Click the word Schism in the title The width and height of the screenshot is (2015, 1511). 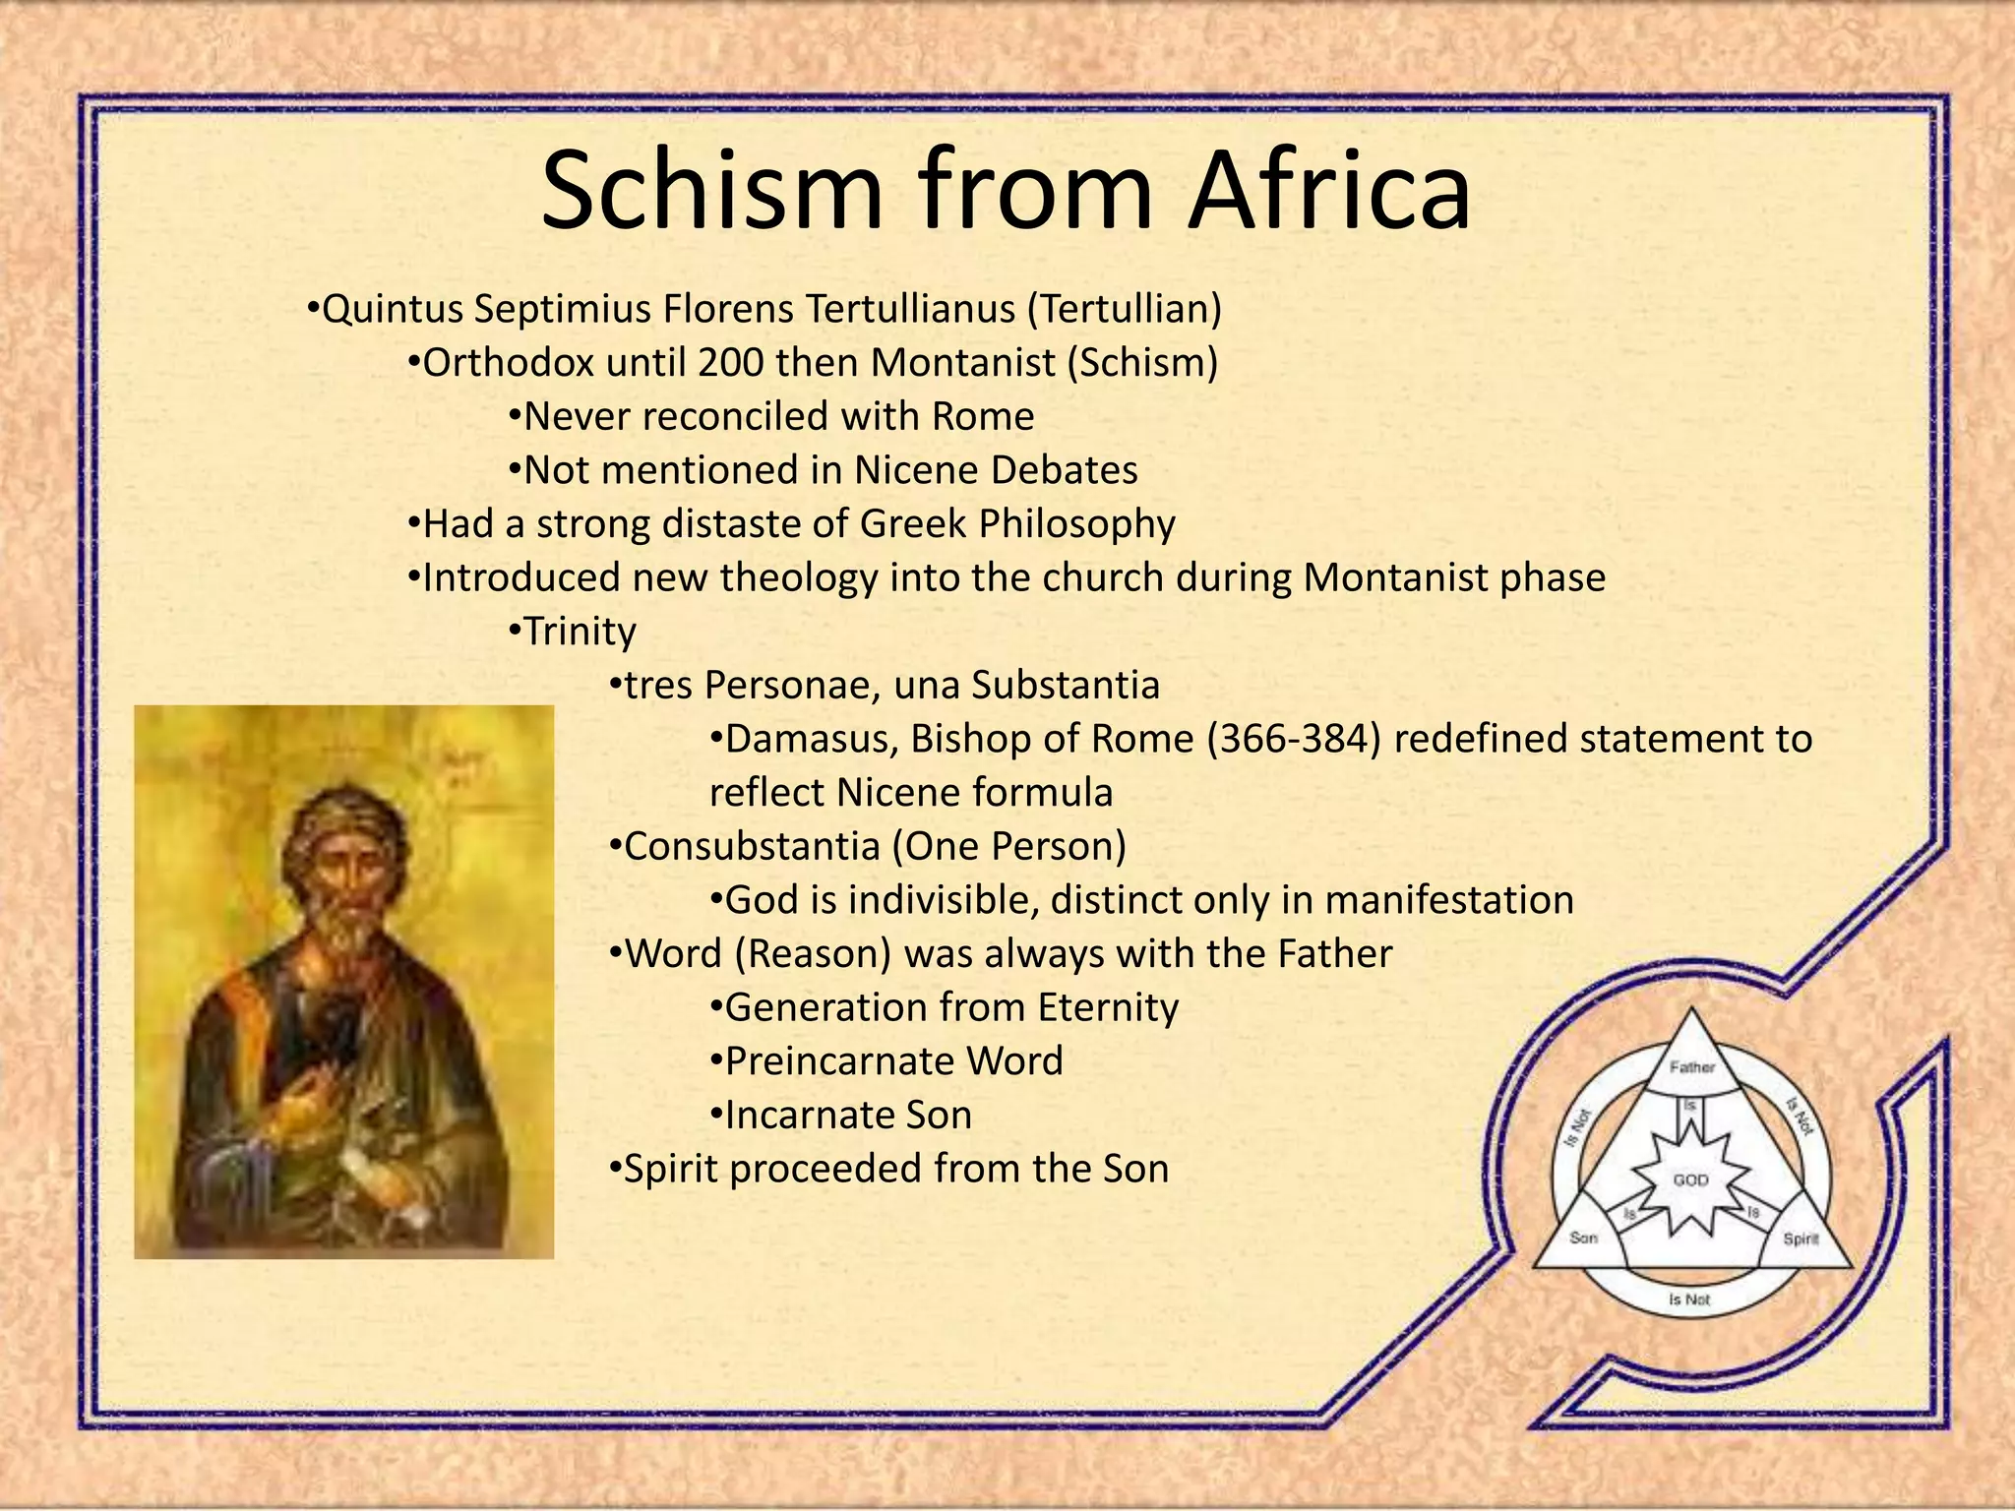711,190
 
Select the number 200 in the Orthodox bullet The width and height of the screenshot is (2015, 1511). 731,363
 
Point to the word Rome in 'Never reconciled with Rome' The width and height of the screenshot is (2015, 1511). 983,416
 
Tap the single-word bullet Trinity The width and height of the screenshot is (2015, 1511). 580,632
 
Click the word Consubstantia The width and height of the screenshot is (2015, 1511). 752,846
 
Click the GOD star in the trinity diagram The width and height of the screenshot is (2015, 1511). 1690,1179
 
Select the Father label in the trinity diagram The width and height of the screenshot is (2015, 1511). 1691,1066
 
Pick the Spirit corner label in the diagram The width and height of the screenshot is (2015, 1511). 1801,1239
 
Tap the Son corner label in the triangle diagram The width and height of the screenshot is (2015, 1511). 1583,1238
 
